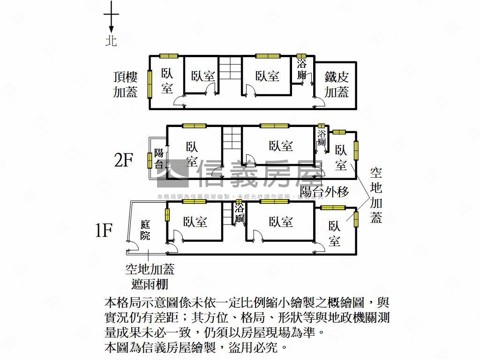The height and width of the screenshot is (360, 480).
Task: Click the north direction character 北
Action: pyautogui.click(x=111, y=41)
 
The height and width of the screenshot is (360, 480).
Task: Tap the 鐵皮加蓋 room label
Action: pyautogui.click(x=337, y=85)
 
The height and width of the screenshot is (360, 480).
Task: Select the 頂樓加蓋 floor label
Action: pyautogui.click(x=125, y=84)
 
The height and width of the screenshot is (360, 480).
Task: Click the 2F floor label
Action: pyautogui.click(x=124, y=161)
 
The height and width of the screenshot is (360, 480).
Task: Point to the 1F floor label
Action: pyautogui.click(x=104, y=230)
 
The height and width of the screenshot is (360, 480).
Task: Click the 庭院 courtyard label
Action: pyautogui.click(x=145, y=230)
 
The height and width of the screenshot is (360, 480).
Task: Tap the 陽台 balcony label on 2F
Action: pyautogui.click(x=159, y=158)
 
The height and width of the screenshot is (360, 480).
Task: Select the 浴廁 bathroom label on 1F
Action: pyautogui.click(x=240, y=213)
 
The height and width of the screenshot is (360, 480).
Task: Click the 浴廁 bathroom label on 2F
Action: pyautogui.click(x=322, y=137)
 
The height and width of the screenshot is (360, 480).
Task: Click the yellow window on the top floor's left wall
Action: pyautogui.click(x=150, y=84)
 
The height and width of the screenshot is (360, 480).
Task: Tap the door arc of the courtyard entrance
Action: pyautogui.click(x=132, y=246)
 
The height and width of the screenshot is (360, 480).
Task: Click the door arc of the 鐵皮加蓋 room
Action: pyautogui.click(x=319, y=102)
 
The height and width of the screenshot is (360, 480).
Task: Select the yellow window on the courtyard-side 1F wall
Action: pyautogui.click(x=167, y=214)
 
